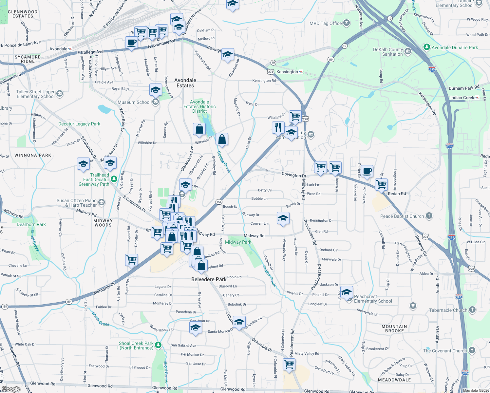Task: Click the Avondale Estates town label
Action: (185, 83)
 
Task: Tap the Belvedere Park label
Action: (209, 279)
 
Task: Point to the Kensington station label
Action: (287, 72)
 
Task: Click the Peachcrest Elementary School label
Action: (373, 299)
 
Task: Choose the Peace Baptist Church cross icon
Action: (429, 216)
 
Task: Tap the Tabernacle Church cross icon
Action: (472, 310)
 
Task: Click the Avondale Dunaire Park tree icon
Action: (426, 47)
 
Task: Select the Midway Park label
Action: (238, 242)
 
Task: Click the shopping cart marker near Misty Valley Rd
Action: (289, 364)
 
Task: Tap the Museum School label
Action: (134, 102)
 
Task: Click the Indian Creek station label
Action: (462, 98)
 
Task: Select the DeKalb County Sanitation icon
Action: (408, 51)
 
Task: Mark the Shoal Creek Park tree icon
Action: (158, 345)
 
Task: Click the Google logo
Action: (11, 389)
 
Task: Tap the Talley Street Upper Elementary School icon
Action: (59, 94)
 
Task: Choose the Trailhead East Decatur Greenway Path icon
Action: (114, 179)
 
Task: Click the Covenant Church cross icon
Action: (472, 350)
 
